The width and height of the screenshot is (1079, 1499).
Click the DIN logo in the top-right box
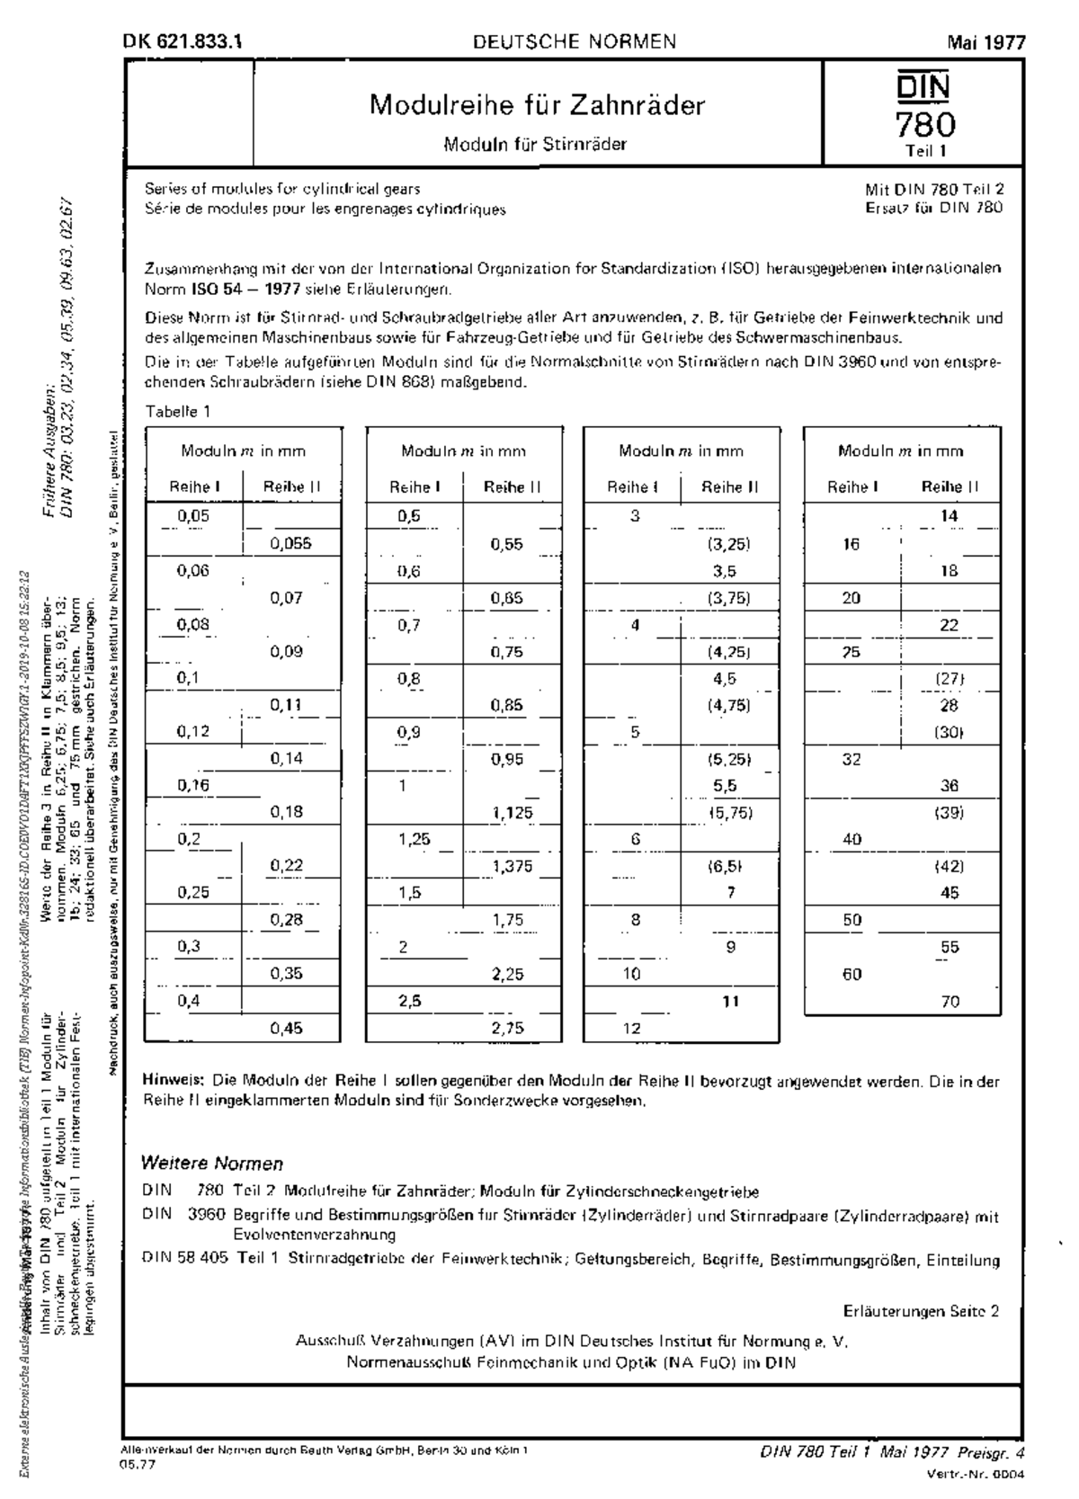tap(923, 88)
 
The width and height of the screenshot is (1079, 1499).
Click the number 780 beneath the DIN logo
tap(923, 122)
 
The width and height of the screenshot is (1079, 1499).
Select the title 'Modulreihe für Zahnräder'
tap(537, 105)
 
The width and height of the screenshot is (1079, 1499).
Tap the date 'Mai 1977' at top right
tap(985, 42)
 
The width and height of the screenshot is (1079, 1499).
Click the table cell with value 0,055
tap(291, 543)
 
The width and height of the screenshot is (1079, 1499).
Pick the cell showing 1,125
tap(512, 813)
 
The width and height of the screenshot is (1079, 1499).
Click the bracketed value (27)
tap(950, 679)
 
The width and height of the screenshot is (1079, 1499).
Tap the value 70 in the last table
tap(950, 1001)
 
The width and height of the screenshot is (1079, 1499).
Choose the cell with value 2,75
tap(507, 1028)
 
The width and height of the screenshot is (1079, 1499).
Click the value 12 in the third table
tap(632, 1028)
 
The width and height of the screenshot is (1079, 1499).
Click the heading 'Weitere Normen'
tap(212, 1164)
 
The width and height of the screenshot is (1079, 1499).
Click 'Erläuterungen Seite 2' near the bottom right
tap(921, 1311)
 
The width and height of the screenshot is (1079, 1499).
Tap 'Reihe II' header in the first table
tap(291, 487)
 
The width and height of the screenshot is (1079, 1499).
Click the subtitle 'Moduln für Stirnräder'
tap(535, 144)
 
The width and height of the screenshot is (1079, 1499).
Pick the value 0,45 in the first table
tap(287, 1028)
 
